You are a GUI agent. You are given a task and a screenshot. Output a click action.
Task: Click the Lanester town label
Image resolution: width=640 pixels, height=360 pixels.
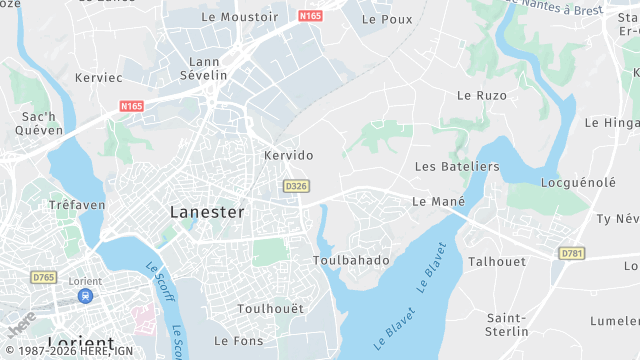point(207,212)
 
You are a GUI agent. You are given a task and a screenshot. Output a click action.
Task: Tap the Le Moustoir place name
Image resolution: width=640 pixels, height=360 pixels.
point(240,17)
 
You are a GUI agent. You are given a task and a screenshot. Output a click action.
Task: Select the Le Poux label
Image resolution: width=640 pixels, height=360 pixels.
point(387,19)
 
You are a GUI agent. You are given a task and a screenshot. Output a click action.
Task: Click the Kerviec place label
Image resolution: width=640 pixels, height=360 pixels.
point(99,76)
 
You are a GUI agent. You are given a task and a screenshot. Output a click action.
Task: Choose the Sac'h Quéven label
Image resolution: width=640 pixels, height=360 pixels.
point(45,124)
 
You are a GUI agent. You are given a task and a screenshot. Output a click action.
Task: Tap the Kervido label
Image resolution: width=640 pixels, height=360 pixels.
point(288,155)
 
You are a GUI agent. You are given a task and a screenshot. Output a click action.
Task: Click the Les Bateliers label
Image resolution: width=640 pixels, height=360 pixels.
point(456,165)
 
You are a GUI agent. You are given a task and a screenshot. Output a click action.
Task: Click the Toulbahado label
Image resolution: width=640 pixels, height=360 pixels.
point(350,260)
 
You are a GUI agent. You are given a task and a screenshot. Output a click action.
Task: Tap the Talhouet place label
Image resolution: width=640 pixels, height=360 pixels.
point(497,261)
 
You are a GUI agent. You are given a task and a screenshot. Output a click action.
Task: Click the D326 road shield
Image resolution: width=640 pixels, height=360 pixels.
point(295,186)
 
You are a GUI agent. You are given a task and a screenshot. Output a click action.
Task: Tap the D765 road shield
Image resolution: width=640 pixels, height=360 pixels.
point(44,276)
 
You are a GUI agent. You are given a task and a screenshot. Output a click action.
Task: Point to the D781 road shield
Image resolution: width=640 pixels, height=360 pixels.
point(572,253)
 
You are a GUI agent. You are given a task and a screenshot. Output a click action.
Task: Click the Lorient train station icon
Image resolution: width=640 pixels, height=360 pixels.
point(86,296)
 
